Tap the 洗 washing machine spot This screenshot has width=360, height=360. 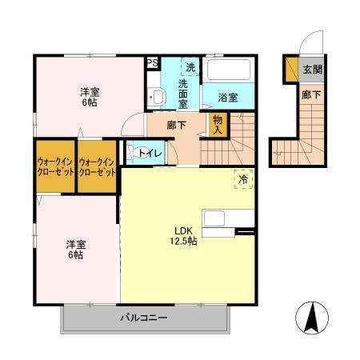click(190, 67)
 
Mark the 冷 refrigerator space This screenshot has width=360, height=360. click(242, 180)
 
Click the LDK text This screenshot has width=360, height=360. click(184, 233)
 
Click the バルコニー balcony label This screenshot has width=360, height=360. click(144, 318)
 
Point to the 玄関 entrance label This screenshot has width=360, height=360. click(312, 70)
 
